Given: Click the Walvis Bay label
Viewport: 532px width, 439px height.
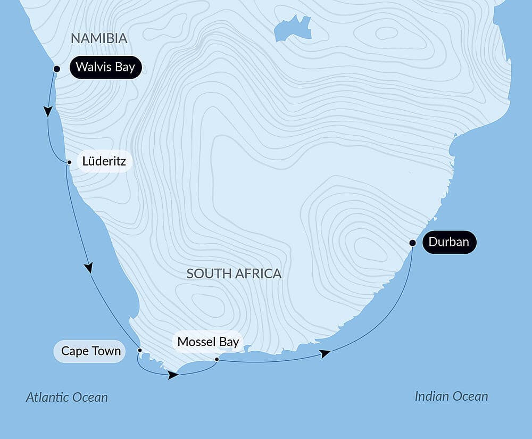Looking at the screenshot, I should (x=105, y=67).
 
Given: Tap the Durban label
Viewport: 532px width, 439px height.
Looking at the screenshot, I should (x=449, y=242).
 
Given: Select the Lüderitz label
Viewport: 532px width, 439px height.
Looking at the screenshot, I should (x=104, y=161).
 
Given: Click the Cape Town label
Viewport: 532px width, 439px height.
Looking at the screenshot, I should (x=90, y=351).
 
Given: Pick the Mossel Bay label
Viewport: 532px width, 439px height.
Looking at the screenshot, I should (x=208, y=342).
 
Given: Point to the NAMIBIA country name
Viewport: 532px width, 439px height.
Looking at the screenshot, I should (x=99, y=38).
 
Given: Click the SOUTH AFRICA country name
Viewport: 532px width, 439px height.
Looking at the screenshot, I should (x=234, y=274).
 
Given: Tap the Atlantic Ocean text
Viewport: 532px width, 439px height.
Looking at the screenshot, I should (x=66, y=397).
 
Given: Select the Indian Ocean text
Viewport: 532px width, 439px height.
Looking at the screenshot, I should (x=451, y=396).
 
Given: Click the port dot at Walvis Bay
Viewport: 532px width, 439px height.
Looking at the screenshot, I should (x=57, y=69).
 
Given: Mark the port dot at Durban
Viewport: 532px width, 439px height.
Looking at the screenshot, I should (x=412, y=243).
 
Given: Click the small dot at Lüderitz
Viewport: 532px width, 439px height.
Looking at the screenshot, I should (x=69, y=162).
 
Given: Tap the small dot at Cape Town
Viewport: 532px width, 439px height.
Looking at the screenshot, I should (x=140, y=350).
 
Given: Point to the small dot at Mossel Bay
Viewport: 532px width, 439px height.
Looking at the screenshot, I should (x=217, y=360).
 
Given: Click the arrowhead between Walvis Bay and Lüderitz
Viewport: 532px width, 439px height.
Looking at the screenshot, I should (x=48, y=111).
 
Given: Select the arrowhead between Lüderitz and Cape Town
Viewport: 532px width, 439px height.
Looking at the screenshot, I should (x=89, y=267).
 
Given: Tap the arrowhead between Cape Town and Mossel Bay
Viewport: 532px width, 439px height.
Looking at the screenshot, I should (x=173, y=375).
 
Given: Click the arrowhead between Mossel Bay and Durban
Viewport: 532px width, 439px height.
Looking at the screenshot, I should (x=325, y=353).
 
